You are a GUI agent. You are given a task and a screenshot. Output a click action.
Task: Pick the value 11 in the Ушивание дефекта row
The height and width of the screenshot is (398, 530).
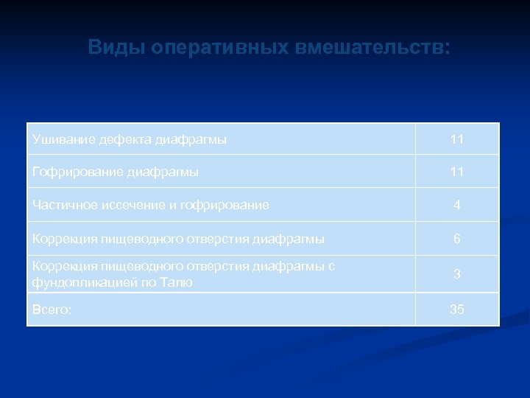(457, 139)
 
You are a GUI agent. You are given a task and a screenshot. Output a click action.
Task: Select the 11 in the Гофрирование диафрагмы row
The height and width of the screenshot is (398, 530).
(457, 172)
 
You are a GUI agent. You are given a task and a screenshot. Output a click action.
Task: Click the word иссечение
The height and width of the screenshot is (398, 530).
(127, 205)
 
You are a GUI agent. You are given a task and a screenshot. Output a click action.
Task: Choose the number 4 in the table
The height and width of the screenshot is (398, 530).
(457, 206)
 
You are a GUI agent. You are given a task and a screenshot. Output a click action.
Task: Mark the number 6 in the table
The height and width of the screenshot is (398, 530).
(457, 239)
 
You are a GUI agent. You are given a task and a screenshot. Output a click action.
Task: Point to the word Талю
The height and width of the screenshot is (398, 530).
(177, 282)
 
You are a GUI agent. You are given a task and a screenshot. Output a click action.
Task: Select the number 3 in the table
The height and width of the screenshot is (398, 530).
(457, 274)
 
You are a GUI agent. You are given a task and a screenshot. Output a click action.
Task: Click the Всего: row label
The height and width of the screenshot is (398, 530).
(52, 310)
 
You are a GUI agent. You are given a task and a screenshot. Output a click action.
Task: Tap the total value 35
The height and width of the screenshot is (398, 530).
(457, 310)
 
